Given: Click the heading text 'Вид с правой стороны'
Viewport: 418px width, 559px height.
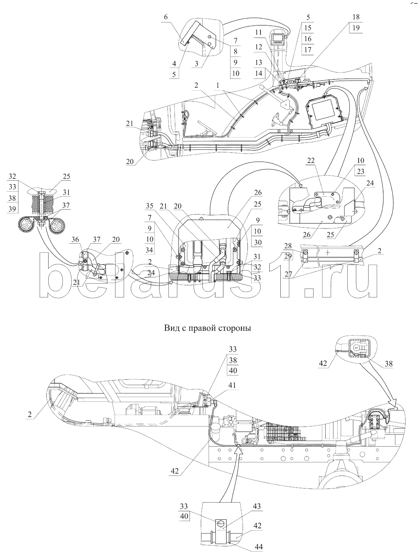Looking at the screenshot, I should [208, 328].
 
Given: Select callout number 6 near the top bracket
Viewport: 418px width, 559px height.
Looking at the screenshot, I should [166, 17].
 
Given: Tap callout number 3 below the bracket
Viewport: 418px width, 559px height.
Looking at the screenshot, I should [196, 64].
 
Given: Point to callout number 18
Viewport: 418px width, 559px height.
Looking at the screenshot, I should [356, 17].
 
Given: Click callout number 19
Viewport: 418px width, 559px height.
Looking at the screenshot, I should [356, 28].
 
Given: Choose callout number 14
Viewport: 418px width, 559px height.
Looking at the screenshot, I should [258, 73].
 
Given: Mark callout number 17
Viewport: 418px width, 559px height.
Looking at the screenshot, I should [308, 50].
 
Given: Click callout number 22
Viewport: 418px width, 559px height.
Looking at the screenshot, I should [311, 160].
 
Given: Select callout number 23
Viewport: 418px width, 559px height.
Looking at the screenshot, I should [360, 171].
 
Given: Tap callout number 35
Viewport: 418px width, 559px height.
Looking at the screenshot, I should [149, 206].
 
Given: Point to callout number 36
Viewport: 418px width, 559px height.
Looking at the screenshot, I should [75, 239].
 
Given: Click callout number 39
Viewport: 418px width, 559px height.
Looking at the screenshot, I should [12, 209].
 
